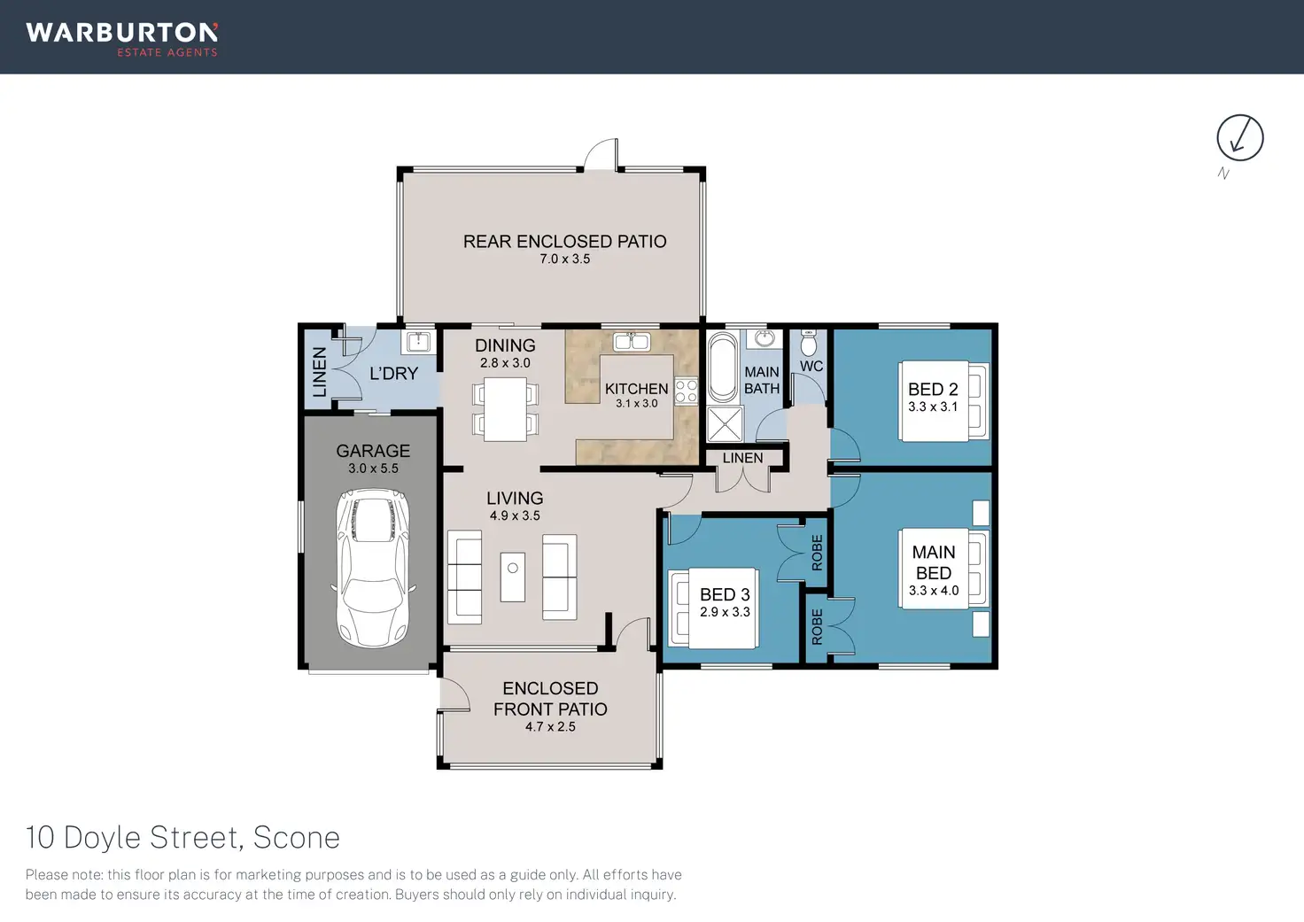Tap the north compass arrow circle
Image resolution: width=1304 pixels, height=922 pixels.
pos(1240,115)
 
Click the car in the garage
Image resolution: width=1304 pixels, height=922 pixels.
pos(373,568)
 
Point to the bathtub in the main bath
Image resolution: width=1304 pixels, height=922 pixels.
pos(723,367)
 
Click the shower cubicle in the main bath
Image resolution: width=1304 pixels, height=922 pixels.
pos(725,423)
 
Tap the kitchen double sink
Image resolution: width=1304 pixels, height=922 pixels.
pos(632,341)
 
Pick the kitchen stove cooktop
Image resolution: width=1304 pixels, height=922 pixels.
pos(687,391)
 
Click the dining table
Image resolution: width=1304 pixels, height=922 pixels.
pos(505,409)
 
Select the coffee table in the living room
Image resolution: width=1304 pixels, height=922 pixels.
pos(513,577)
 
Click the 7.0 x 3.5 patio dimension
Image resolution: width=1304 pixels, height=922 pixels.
pos(564,259)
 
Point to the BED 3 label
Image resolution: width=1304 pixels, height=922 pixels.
pos(725,594)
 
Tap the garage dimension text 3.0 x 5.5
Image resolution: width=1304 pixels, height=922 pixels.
pos(373,469)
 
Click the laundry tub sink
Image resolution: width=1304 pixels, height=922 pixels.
pos(418,342)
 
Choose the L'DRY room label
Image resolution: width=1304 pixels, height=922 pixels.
pos(393,373)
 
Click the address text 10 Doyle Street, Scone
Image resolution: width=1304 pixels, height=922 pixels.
pos(182,838)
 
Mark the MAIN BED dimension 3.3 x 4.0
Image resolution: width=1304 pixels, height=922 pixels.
pos(934,590)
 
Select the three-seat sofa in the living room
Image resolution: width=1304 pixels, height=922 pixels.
pos(464,577)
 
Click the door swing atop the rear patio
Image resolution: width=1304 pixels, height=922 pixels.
pos(601,155)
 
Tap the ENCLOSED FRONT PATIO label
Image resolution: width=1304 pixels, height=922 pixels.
pos(550,699)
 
